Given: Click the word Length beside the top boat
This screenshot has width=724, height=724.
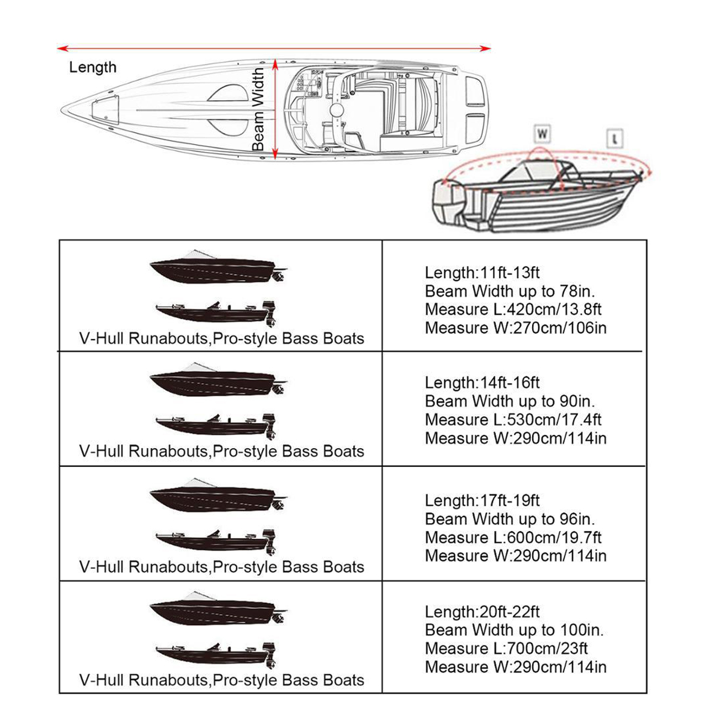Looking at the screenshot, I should [92, 67].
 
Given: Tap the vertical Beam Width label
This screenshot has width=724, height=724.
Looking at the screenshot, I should [258, 109].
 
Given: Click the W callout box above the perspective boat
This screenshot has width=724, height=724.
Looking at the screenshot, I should [542, 133].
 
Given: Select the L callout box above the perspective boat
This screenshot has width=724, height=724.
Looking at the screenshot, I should [614, 139].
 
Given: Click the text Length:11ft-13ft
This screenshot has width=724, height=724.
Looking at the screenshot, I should [481, 273].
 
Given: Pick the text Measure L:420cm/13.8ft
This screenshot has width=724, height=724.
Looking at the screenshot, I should [513, 310].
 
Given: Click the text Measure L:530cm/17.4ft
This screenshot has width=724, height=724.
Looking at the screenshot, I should [513, 420].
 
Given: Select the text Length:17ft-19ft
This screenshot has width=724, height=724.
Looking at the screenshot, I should [481, 500].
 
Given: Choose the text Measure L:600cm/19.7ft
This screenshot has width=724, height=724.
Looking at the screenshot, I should [513, 538].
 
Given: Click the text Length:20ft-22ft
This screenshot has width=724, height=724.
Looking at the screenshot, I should [481, 611].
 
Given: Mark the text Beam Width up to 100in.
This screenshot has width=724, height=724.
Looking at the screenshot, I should [514, 630].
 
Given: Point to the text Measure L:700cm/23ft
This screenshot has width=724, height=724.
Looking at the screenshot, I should [506, 649].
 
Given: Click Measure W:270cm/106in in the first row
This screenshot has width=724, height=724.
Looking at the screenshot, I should [515, 328].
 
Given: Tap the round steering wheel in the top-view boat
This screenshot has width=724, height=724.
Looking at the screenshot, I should [336, 110].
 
